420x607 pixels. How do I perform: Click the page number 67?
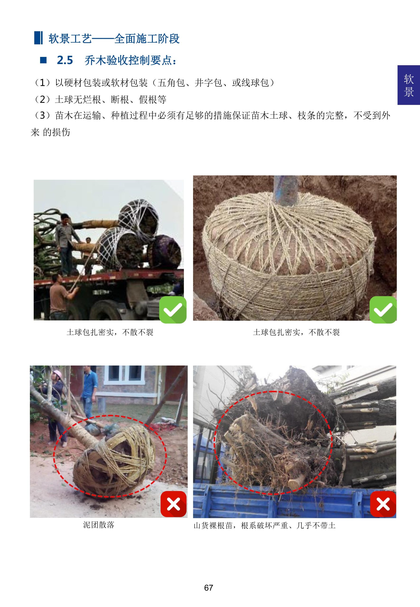point(208,588)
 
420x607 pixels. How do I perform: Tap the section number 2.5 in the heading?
point(65,60)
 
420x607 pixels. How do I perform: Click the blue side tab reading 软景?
point(408,85)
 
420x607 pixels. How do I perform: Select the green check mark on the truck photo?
point(173,310)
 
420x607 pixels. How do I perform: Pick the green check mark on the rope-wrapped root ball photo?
point(383,310)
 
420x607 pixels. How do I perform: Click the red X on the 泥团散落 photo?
point(173,504)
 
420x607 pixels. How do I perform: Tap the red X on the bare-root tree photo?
point(383,504)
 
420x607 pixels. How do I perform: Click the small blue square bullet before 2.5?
point(43,60)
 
